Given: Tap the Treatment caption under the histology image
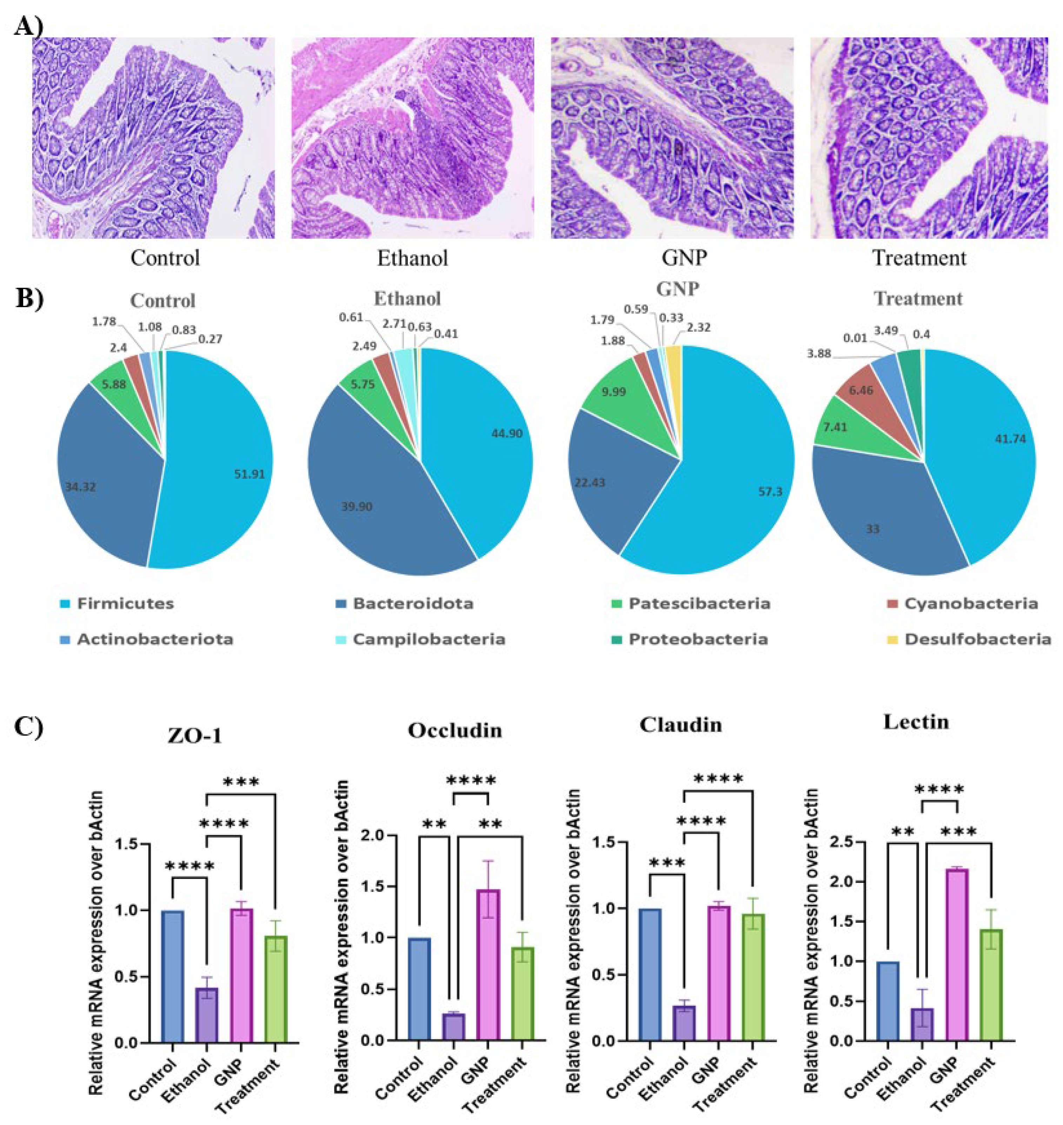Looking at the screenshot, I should coord(919,258).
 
